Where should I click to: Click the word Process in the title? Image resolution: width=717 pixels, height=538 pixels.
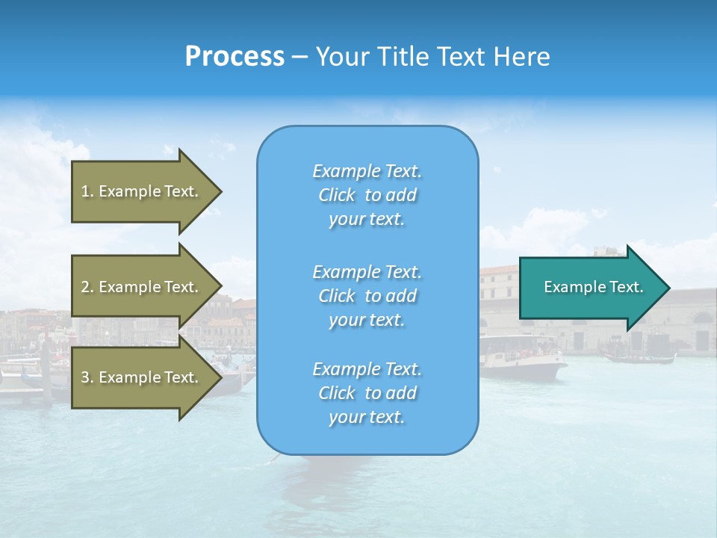click(x=235, y=57)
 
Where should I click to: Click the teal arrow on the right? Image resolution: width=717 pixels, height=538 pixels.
click(x=590, y=287)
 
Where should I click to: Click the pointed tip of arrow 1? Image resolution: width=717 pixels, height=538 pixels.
click(x=220, y=191)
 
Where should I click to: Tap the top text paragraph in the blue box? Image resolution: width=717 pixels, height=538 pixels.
click(x=367, y=195)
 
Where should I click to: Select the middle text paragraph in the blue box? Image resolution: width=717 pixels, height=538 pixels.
click(x=367, y=296)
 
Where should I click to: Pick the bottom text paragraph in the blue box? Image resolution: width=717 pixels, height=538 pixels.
click(x=367, y=393)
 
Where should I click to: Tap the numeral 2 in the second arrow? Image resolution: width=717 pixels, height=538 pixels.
click(x=85, y=287)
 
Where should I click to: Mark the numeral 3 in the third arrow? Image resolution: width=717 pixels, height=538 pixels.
click(x=85, y=377)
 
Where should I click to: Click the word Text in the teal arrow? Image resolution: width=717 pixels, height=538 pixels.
click(x=627, y=287)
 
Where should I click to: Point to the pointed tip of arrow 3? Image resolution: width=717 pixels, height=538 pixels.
click(x=220, y=377)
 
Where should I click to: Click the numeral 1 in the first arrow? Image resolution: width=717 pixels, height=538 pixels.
click(x=85, y=191)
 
